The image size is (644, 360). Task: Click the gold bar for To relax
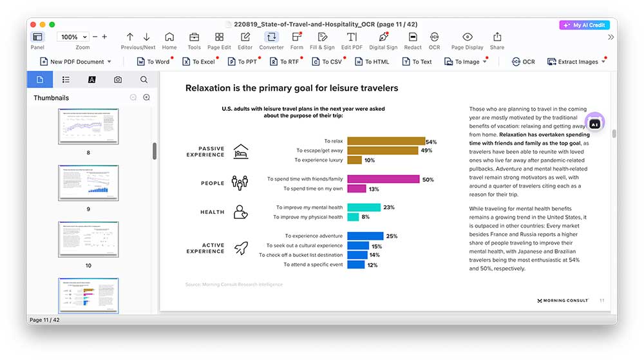pyautogui.click(x=386, y=141)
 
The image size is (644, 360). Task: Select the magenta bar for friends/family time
pyautogui.click(x=383, y=179)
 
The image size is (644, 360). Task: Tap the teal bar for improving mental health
pyautogui.click(x=364, y=207)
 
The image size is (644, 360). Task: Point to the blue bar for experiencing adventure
pyautogui.click(x=365, y=236)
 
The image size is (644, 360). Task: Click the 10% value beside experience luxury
pyautogui.click(x=370, y=160)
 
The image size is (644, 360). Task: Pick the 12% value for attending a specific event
pyautogui.click(x=372, y=265)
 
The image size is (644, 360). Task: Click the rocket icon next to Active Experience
pyautogui.click(x=241, y=248)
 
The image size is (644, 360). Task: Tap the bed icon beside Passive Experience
pyautogui.click(x=241, y=151)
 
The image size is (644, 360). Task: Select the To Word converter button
pyautogui.click(x=153, y=62)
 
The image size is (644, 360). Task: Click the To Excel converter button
pyautogui.click(x=199, y=62)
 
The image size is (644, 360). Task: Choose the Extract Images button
pyautogui.click(x=576, y=62)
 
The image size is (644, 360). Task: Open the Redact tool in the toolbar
pyautogui.click(x=413, y=40)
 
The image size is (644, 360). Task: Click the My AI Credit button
pyautogui.click(x=584, y=25)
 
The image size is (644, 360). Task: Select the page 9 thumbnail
pyautogui.click(x=88, y=183)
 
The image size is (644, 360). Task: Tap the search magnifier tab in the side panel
pyautogui.click(x=144, y=80)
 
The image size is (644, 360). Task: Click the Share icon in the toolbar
pyautogui.click(x=497, y=40)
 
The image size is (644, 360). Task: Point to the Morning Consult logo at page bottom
pyautogui.click(x=562, y=301)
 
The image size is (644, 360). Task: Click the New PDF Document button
pyautogui.click(x=75, y=62)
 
